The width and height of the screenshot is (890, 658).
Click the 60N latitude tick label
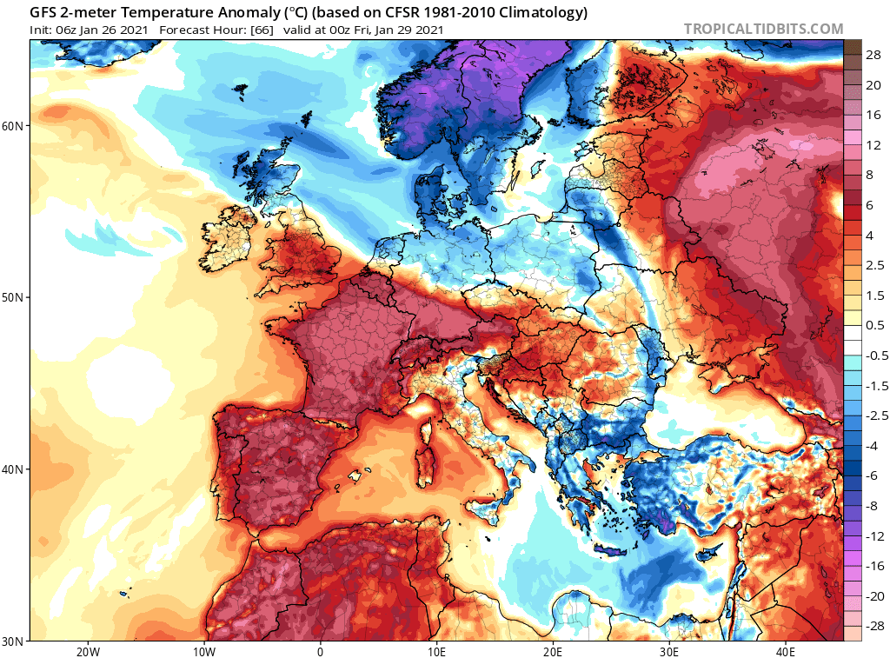pyautogui.click(x=13, y=126)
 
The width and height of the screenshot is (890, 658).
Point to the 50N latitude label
pyautogui.click(x=13, y=297)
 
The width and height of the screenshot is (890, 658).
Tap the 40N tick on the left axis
pyautogui.click(x=13, y=469)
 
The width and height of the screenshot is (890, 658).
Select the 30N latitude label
pyautogui.click(x=13, y=641)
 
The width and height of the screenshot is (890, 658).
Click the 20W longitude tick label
pyautogui.click(x=87, y=651)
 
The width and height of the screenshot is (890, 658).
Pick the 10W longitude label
pyautogui.click(x=203, y=651)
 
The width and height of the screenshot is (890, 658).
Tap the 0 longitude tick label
pyautogui.click(x=320, y=651)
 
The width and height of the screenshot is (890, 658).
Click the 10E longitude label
pyautogui.click(x=436, y=651)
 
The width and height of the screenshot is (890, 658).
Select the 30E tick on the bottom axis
pyautogui.click(x=669, y=651)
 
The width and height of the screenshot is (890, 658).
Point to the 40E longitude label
pyautogui.click(x=785, y=651)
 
